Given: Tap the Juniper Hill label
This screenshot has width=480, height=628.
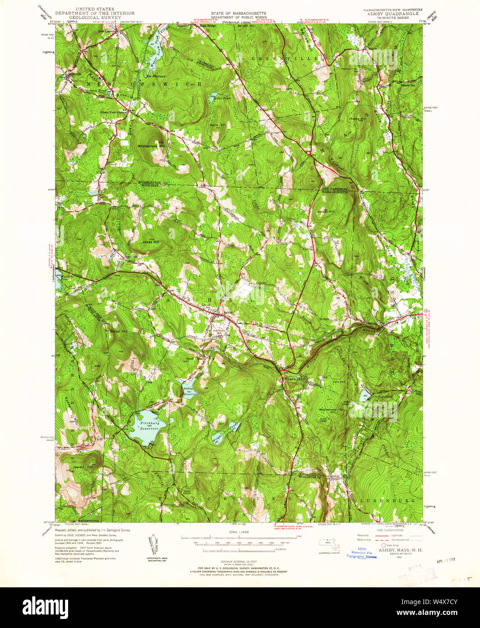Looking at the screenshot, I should click(325, 211).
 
